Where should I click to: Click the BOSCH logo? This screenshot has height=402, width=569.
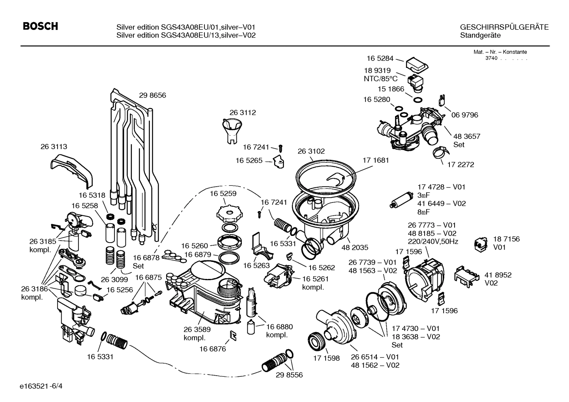pos(41,26)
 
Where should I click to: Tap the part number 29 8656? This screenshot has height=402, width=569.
pos(152,95)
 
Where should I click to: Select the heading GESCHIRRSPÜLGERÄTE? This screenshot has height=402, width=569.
pos(504,27)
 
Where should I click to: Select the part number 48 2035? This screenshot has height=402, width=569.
pos(355,247)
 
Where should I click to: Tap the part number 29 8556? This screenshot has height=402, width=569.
pos(289,375)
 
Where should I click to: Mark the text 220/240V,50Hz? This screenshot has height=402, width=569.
pos(433,241)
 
